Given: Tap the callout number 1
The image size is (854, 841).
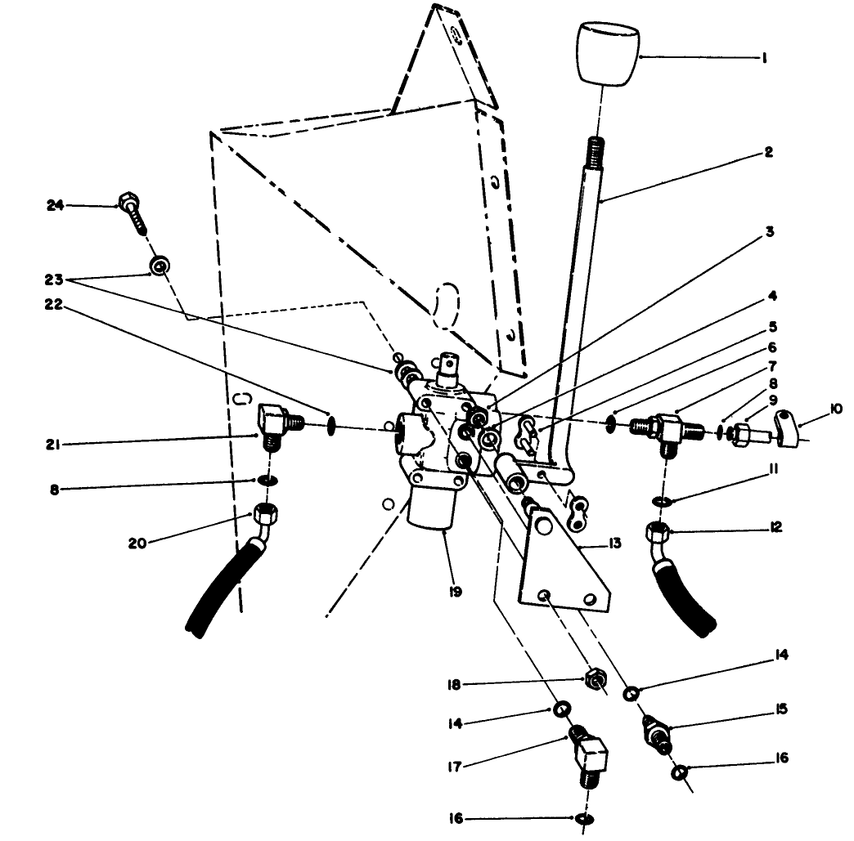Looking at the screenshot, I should (x=763, y=59).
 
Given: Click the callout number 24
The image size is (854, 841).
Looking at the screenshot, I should (x=55, y=206).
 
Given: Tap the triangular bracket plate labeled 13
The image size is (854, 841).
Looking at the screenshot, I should (x=564, y=564).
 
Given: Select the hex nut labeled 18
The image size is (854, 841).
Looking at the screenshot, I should (x=595, y=678).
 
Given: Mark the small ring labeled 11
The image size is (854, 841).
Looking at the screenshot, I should (x=661, y=500).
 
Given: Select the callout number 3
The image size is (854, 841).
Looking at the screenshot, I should (x=769, y=231).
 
